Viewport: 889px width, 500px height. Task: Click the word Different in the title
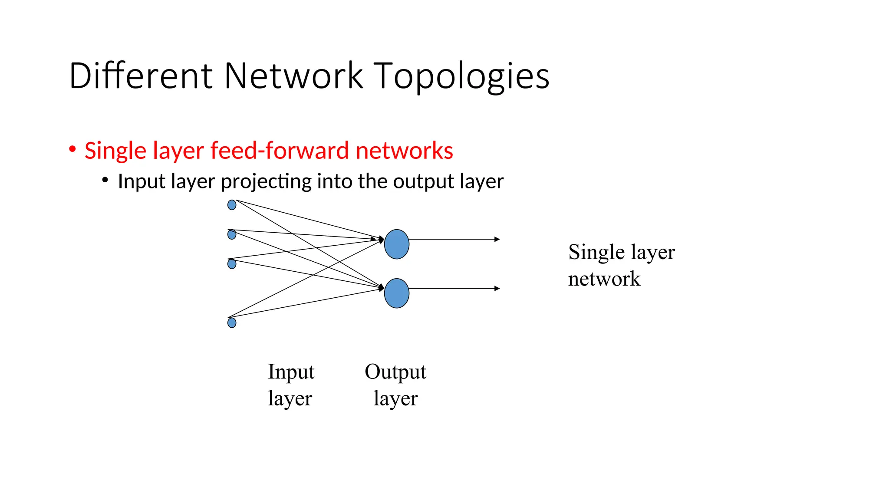pyautogui.click(x=141, y=76)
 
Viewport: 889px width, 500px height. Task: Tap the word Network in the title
pyautogui.click(x=293, y=76)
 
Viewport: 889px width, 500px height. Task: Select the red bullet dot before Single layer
pyautogui.click(x=72, y=149)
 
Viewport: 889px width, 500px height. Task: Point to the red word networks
pyautogui.click(x=404, y=151)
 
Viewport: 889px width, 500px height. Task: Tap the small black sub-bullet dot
pyautogui.click(x=105, y=180)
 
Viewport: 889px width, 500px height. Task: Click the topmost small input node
pyautogui.click(x=232, y=205)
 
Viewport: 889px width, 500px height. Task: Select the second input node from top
pyautogui.click(x=232, y=235)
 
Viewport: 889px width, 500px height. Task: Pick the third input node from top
pyautogui.click(x=232, y=264)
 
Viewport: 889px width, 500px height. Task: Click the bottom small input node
pyautogui.click(x=232, y=323)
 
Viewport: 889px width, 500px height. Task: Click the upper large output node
pyautogui.click(x=396, y=244)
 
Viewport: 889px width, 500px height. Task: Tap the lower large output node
pyautogui.click(x=396, y=293)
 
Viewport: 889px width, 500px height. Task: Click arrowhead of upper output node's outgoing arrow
pyautogui.click(x=497, y=239)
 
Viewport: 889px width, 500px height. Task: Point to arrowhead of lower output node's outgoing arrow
pyautogui.click(x=497, y=288)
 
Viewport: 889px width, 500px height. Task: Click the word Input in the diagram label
pyautogui.click(x=291, y=372)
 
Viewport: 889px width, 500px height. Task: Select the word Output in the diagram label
pyautogui.click(x=395, y=372)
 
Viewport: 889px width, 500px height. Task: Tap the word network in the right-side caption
pyautogui.click(x=604, y=279)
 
